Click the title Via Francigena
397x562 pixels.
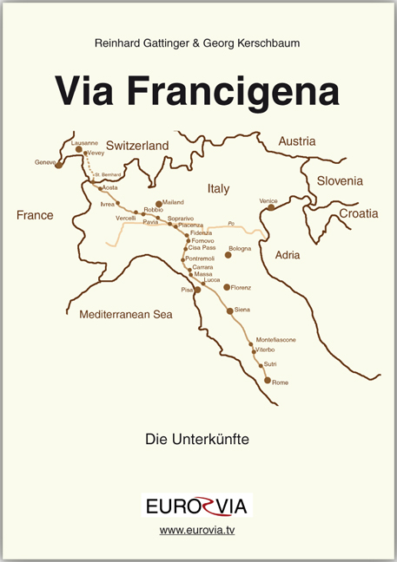click(x=197, y=89)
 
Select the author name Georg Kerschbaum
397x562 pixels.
click(x=258, y=41)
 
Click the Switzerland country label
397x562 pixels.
click(x=137, y=147)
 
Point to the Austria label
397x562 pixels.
click(x=299, y=141)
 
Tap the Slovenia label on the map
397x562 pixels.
click(x=340, y=181)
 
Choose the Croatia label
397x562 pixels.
click(x=358, y=212)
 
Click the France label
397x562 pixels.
click(x=35, y=215)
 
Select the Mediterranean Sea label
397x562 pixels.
click(x=126, y=315)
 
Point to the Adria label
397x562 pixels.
click(x=288, y=255)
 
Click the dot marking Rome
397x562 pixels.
click(x=268, y=381)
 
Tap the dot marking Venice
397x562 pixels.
click(x=271, y=207)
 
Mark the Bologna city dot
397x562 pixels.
click(x=228, y=255)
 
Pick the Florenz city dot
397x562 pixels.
click(x=227, y=287)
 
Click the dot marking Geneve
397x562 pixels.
click(x=58, y=163)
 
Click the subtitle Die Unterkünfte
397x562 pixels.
click(x=198, y=440)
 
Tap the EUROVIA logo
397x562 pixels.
click(x=197, y=505)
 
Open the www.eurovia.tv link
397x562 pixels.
click(x=197, y=530)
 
